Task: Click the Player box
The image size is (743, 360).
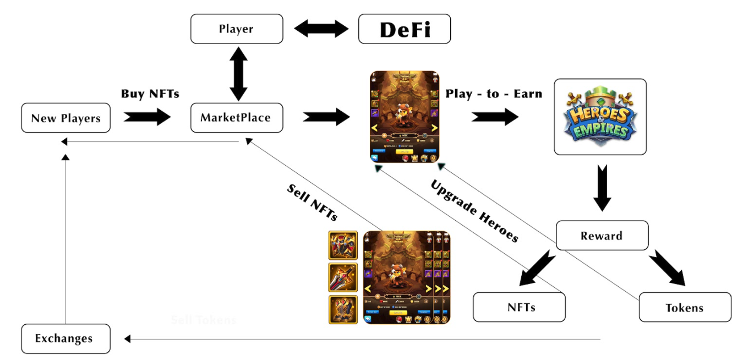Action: [237, 29]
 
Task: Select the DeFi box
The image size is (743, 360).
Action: [405, 29]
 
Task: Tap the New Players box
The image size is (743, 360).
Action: [66, 118]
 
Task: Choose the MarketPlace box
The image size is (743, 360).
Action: [237, 117]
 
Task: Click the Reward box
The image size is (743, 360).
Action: [602, 236]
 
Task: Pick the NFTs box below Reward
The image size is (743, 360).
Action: [519, 307]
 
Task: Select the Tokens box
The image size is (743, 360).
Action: [685, 307]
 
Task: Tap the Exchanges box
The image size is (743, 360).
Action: [65, 339]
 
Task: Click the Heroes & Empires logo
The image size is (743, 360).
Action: [600, 117]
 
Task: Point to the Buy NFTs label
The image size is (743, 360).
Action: [150, 94]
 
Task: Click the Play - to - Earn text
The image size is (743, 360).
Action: [494, 94]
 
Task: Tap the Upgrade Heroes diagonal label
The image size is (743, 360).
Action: [474, 210]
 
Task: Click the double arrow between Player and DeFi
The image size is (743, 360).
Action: [321, 29]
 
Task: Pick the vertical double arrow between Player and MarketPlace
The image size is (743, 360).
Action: [237, 73]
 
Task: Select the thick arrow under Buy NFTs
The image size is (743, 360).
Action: [147, 117]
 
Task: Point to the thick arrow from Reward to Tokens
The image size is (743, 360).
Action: [667, 269]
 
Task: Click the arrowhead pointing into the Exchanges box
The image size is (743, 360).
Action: [127, 339]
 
